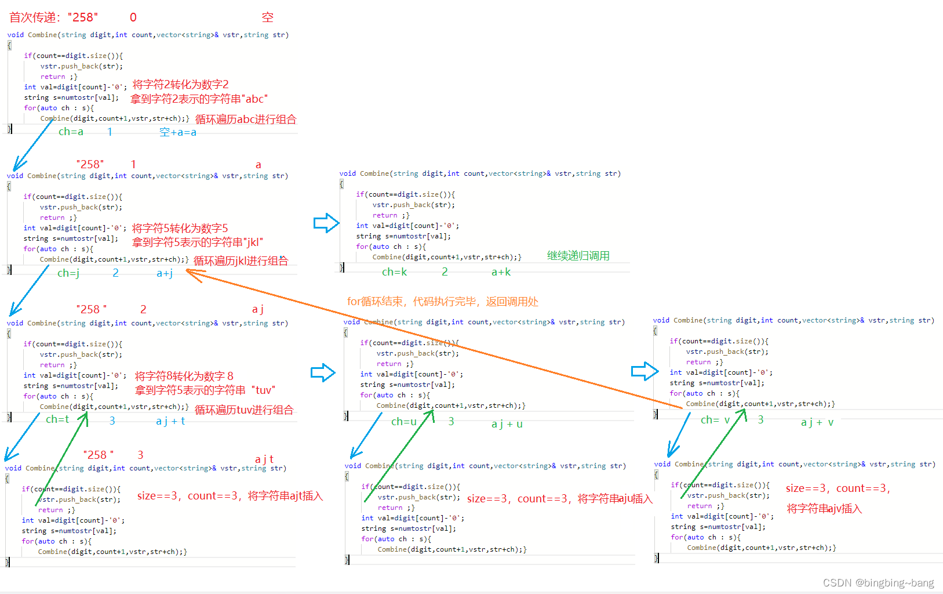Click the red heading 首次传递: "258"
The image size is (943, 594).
click(53, 17)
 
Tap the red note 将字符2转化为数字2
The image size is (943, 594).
click(180, 85)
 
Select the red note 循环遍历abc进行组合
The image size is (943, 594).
click(246, 119)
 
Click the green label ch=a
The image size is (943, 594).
click(71, 132)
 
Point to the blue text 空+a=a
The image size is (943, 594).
click(177, 133)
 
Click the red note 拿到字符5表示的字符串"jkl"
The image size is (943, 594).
click(197, 242)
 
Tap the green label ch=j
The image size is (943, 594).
click(68, 273)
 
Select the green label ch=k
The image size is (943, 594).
click(394, 272)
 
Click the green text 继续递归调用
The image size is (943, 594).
click(578, 256)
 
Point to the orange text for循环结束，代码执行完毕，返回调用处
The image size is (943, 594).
click(442, 302)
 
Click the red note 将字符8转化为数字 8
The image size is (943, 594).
click(184, 376)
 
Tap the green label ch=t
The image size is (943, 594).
click(57, 419)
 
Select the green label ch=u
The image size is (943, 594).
click(403, 422)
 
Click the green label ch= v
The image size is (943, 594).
click(715, 420)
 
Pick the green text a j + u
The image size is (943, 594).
click(507, 424)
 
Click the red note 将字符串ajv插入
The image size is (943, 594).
click(824, 509)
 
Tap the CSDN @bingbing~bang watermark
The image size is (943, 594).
click(878, 583)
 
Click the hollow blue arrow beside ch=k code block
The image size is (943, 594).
click(326, 223)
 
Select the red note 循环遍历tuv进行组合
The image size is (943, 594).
click(243, 410)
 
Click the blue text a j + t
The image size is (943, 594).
click(170, 421)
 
